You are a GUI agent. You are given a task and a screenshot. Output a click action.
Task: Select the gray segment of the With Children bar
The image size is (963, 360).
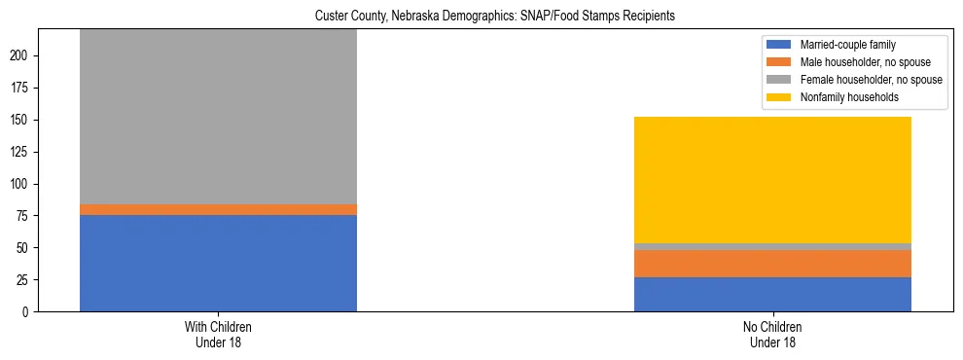(x=218, y=117)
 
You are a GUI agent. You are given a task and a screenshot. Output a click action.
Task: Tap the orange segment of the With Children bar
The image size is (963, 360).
(x=218, y=209)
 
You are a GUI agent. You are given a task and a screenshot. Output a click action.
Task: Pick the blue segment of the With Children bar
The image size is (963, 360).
(x=218, y=263)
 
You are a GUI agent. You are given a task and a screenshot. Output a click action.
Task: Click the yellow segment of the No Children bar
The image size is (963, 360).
(x=772, y=180)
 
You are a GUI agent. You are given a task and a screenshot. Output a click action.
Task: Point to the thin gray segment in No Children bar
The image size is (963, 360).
(x=772, y=247)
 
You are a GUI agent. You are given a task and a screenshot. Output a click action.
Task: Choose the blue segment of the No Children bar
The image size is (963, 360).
(x=772, y=294)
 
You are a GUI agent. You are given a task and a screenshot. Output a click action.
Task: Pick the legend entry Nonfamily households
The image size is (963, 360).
(x=841, y=97)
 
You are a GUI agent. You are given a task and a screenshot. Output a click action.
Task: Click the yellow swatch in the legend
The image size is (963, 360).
(x=780, y=97)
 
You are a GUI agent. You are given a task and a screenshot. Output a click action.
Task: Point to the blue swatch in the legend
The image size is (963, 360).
(x=780, y=45)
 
